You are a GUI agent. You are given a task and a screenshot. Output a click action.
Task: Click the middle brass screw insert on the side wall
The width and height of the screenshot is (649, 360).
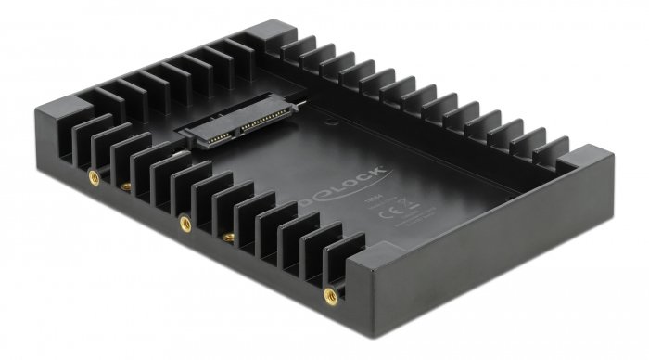[185, 222]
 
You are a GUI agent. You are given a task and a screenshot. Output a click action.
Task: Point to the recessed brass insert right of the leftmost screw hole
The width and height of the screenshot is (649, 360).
[121, 189]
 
